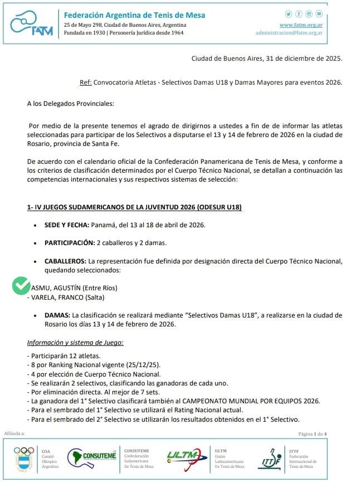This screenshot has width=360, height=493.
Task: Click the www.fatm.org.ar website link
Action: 301,25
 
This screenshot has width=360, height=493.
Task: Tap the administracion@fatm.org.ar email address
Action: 289,33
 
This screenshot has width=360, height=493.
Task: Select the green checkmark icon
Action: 21,286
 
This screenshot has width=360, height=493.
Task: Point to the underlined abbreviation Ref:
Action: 86,82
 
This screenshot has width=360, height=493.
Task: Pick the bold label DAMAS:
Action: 57,315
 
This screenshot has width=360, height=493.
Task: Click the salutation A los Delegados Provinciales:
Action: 70,103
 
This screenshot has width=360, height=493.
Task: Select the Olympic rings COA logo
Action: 24,458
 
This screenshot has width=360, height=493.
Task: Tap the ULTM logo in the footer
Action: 184,457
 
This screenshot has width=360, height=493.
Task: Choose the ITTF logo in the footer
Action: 271,458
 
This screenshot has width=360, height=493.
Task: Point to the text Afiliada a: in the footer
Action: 14,433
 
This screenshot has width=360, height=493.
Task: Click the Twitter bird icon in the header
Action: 289,14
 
